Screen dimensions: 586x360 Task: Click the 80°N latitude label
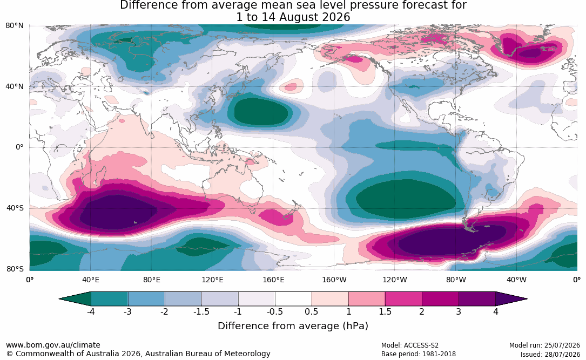(x=14, y=26)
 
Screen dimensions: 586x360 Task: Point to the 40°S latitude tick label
(x=15, y=208)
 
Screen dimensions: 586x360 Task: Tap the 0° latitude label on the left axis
(x=19, y=147)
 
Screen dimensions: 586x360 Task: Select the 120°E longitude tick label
(x=212, y=280)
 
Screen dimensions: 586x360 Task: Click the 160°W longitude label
(x=334, y=280)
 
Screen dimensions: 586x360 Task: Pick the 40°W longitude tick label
(x=516, y=280)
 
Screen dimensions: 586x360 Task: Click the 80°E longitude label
(x=151, y=280)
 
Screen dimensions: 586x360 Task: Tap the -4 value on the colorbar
(x=90, y=311)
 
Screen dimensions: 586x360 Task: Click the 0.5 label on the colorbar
(x=311, y=311)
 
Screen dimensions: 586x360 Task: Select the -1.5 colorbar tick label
(x=201, y=311)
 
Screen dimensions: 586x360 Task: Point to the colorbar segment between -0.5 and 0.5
(x=293, y=299)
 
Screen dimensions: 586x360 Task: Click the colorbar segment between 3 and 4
(x=477, y=299)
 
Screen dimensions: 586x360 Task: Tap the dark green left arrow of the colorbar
(x=75, y=299)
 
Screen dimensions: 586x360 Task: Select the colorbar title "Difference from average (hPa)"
(x=293, y=326)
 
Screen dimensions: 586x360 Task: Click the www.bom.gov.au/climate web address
(x=53, y=345)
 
